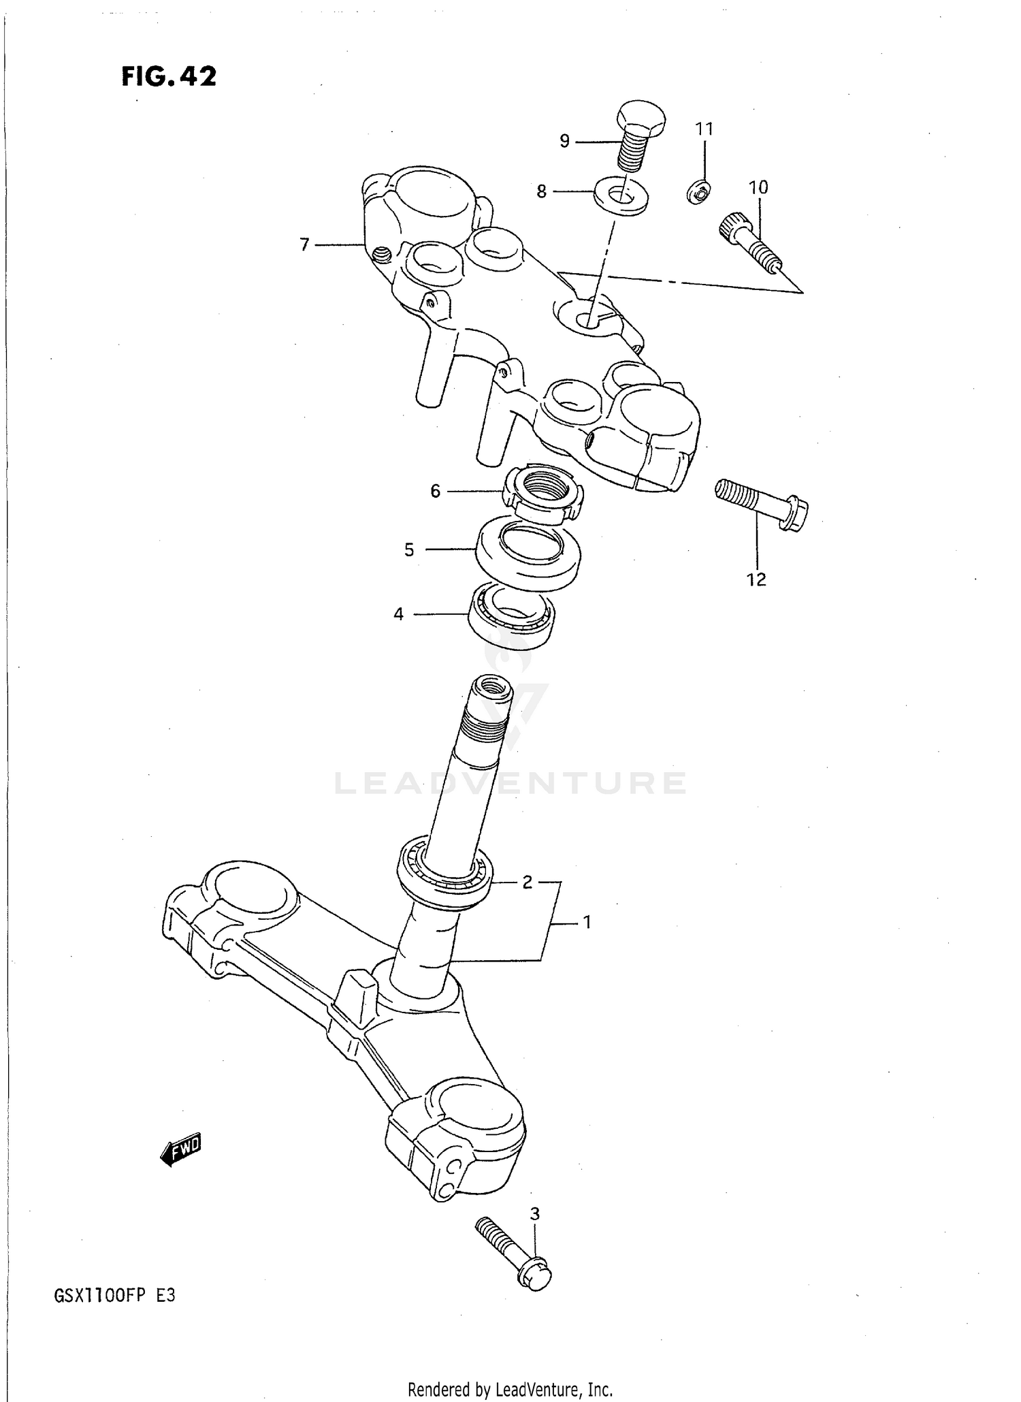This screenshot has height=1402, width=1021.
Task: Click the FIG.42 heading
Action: (x=169, y=76)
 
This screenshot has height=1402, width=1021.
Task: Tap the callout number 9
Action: (x=564, y=141)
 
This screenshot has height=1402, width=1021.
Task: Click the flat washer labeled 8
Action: (x=620, y=196)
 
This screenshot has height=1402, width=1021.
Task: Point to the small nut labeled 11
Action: (x=699, y=193)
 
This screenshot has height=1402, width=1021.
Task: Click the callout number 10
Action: (x=758, y=187)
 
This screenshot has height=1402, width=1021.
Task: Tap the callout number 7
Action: (x=304, y=244)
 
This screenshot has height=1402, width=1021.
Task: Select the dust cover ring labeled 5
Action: (x=528, y=552)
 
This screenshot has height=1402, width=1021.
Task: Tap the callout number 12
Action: (x=756, y=579)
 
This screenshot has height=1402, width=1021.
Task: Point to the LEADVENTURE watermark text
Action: (x=510, y=783)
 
